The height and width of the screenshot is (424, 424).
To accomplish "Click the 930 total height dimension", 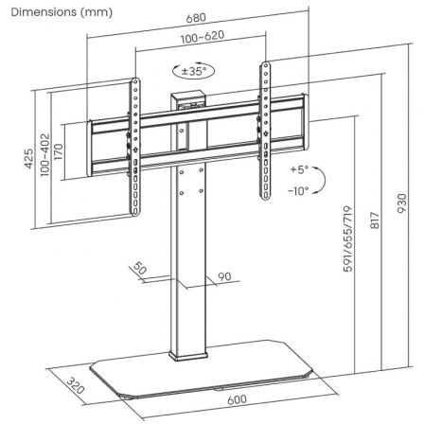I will click(x=401, y=202).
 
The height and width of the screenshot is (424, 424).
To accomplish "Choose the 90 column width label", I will click(x=225, y=276).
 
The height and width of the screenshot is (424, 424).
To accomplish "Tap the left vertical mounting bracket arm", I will click(x=137, y=132).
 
